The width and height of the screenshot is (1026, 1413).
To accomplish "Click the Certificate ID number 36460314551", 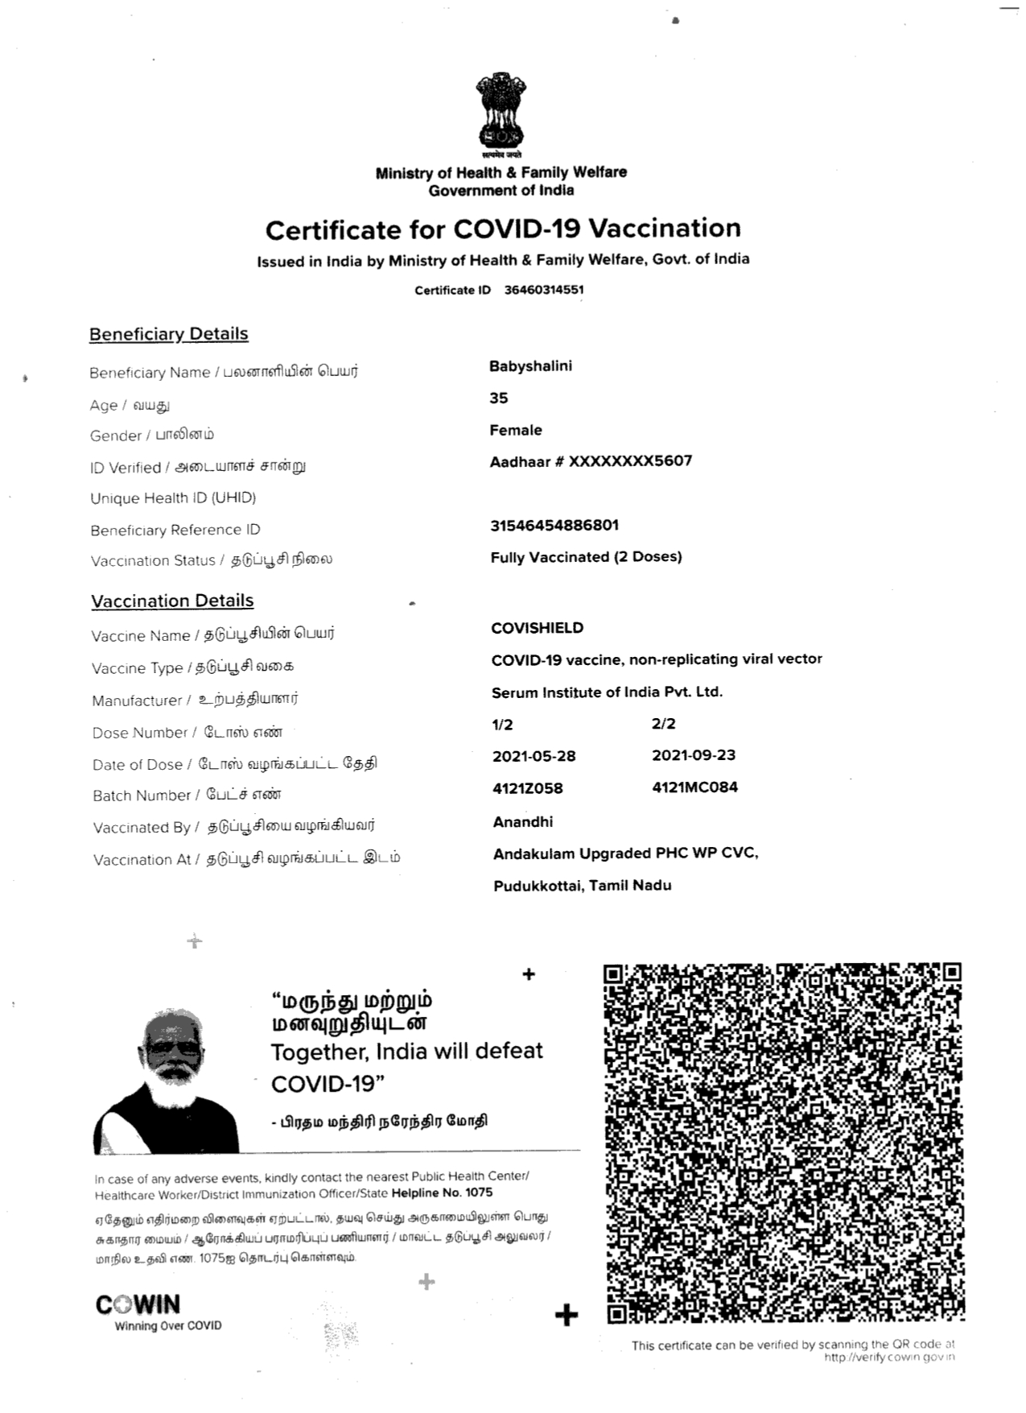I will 543,290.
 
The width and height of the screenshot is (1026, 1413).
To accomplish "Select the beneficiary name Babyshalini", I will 530,366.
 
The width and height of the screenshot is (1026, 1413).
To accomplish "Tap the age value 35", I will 499,398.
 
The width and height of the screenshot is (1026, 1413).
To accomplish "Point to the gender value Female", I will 516,430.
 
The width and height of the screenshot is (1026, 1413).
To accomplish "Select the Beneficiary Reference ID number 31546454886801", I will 554,526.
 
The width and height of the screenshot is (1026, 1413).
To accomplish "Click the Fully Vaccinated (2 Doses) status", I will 586,557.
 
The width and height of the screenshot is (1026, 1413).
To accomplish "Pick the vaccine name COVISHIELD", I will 538,628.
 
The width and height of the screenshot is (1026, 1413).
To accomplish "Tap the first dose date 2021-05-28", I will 534,757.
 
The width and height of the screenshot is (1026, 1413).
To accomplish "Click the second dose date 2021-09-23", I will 694,755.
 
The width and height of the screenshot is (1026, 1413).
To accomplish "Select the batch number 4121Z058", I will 527,788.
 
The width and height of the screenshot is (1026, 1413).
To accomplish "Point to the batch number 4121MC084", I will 694,787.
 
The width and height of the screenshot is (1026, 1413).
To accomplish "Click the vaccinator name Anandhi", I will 523,822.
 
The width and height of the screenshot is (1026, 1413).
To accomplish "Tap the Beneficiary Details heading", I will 168,334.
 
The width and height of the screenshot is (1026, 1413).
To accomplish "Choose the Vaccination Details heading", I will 172,601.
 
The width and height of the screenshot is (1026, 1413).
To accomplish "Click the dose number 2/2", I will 664,724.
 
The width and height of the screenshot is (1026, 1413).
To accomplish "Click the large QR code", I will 783,1143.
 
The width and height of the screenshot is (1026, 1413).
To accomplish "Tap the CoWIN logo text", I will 138,1304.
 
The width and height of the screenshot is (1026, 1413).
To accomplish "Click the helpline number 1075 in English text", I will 478,1193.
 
